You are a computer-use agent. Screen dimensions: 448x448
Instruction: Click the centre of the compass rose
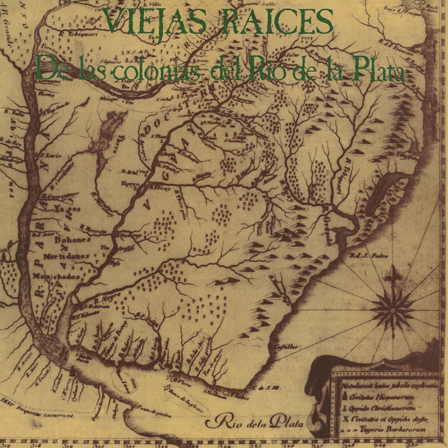click(x=392, y=309)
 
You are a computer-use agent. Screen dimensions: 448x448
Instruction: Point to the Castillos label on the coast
click(x=286, y=347)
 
